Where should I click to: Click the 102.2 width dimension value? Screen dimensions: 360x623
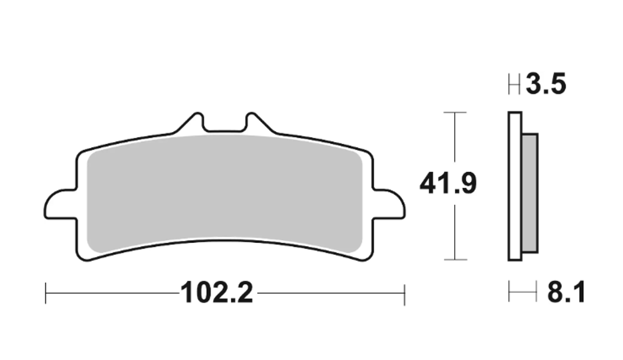216,293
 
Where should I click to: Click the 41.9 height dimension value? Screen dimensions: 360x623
447,185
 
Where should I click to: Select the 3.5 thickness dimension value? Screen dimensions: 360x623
546,85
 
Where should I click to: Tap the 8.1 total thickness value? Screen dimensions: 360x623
566,293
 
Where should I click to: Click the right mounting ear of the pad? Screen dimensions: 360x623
389,205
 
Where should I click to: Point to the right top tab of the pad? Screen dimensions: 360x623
256,123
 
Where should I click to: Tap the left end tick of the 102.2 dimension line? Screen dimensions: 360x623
45,293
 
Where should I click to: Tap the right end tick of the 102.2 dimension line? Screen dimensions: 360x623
404,293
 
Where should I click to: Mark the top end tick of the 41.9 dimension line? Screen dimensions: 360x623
456,113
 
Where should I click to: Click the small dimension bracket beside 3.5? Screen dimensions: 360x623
515,85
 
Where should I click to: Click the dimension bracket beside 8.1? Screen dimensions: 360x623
522,293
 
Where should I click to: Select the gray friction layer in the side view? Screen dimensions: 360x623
529,193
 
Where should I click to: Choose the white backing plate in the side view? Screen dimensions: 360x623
515,187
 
